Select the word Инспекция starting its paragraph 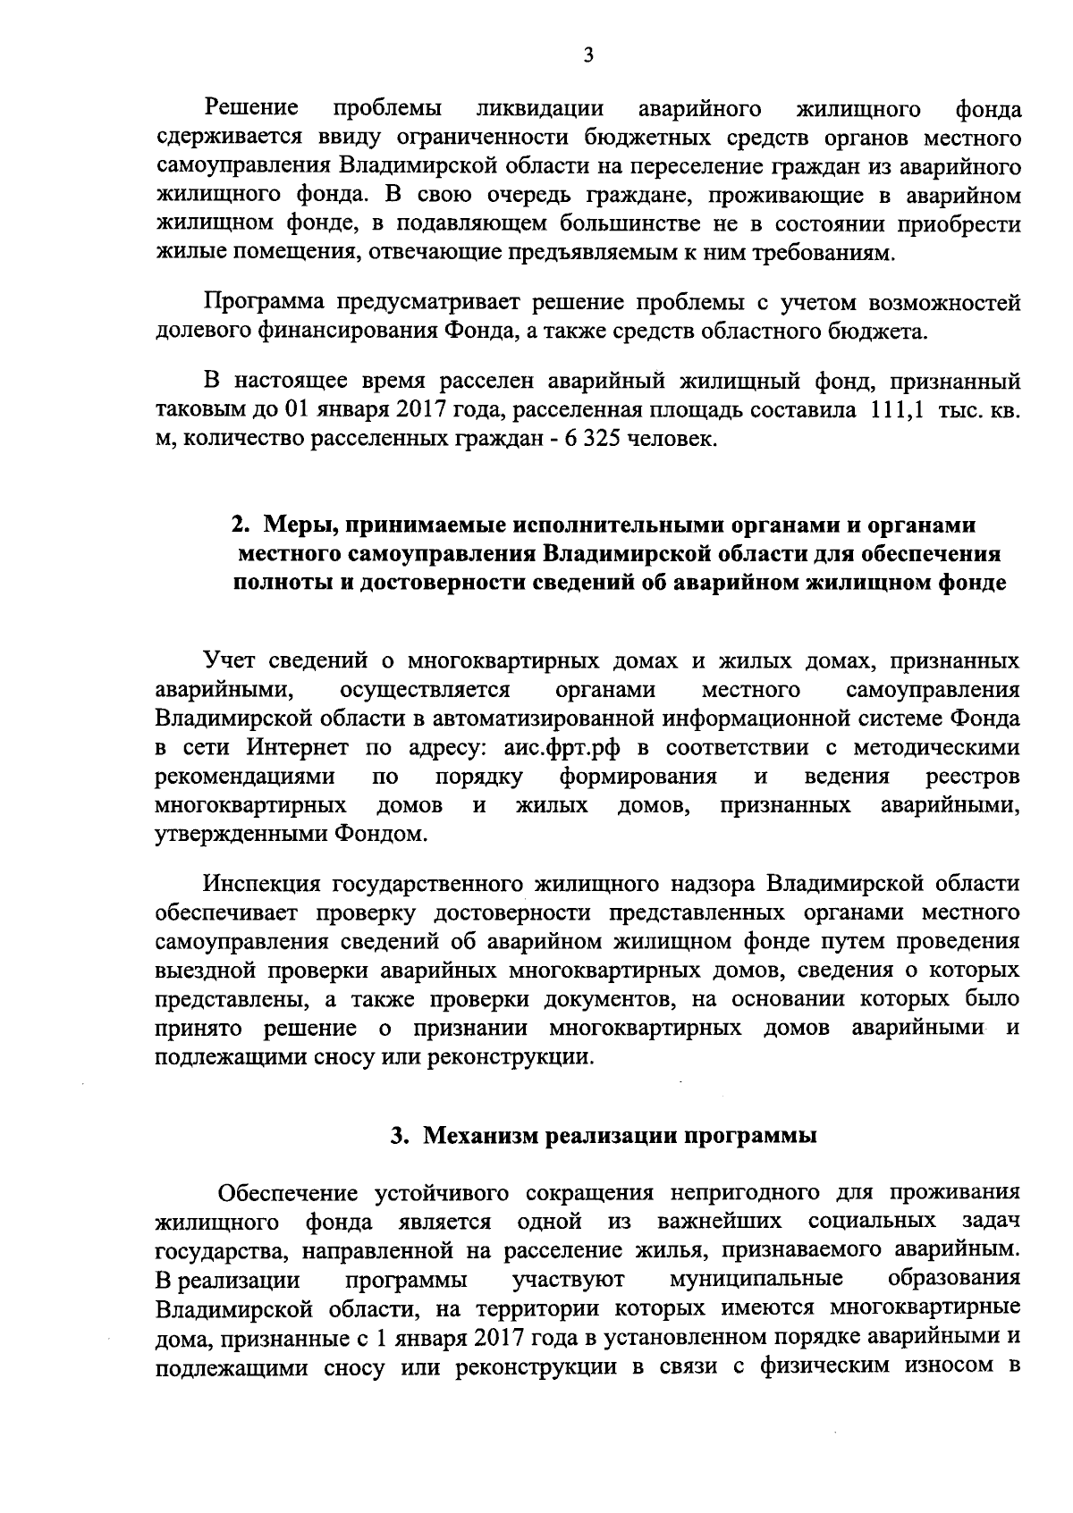263,884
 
